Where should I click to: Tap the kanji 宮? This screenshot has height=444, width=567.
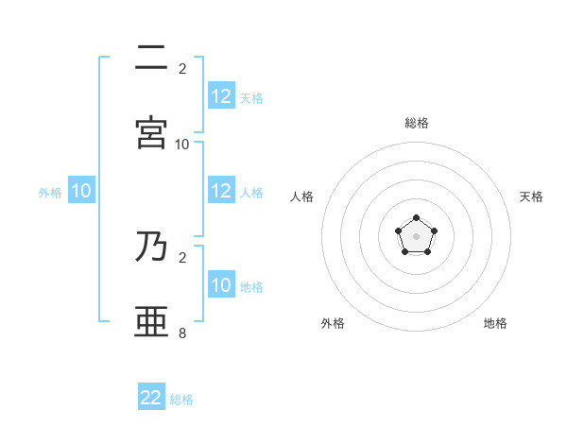point(151,133)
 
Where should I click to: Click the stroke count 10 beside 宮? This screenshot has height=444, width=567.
point(182,145)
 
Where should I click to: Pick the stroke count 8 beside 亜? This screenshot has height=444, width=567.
point(182,333)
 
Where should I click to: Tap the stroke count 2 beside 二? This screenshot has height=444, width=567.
point(182,69)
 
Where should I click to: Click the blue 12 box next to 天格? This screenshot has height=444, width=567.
point(221,96)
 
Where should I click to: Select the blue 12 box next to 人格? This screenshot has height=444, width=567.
point(221,191)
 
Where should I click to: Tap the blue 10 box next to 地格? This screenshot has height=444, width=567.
point(221,285)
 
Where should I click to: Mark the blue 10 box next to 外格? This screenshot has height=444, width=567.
point(81,191)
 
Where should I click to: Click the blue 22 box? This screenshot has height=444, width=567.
point(151,398)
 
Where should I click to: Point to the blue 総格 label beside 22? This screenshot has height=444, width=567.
point(181,400)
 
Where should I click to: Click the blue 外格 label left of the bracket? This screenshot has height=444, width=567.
point(50,192)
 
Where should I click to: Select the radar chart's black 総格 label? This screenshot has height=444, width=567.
point(417,123)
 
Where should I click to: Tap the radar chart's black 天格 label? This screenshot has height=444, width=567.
point(531,196)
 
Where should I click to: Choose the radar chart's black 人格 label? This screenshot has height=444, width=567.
point(302,196)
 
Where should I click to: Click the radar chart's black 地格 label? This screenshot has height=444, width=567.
point(495,323)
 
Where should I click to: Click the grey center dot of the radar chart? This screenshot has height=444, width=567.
point(417,236)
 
